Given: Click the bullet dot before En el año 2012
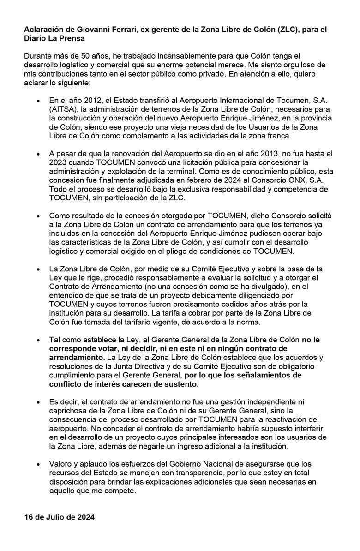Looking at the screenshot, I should point(37,100).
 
